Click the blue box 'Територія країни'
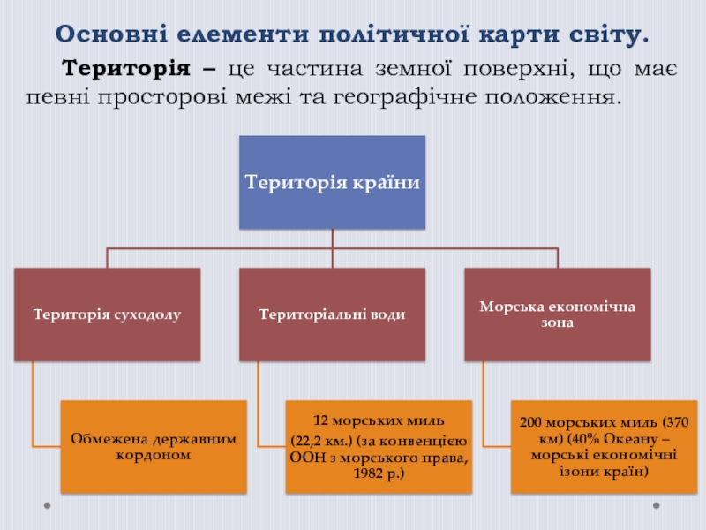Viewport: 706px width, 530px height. [x=333, y=182]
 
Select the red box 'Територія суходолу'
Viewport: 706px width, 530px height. [x=107, y=314]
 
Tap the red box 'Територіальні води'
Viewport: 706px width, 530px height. [x=333, y=314]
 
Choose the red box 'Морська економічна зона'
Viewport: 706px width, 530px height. [x=558, y=314]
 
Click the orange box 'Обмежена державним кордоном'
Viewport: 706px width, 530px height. [x=154, y=447]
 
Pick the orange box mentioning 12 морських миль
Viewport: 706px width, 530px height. [x=379, y=447]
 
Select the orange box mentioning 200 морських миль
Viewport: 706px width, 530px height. [x=604, y=447]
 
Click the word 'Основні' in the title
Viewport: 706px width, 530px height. [x=111, y=34]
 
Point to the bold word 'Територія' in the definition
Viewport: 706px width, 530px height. [x=126, y=69]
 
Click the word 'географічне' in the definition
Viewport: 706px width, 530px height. [x=405, y=97]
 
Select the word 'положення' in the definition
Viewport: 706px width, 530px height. [x=552, y=97]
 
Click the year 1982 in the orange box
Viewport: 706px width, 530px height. [x=368, y=473]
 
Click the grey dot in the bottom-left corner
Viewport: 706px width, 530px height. [x=48, y=505]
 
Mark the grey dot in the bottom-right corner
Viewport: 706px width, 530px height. [x=657, y=505]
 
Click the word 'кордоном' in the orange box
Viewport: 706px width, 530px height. [x=154, y=455]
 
